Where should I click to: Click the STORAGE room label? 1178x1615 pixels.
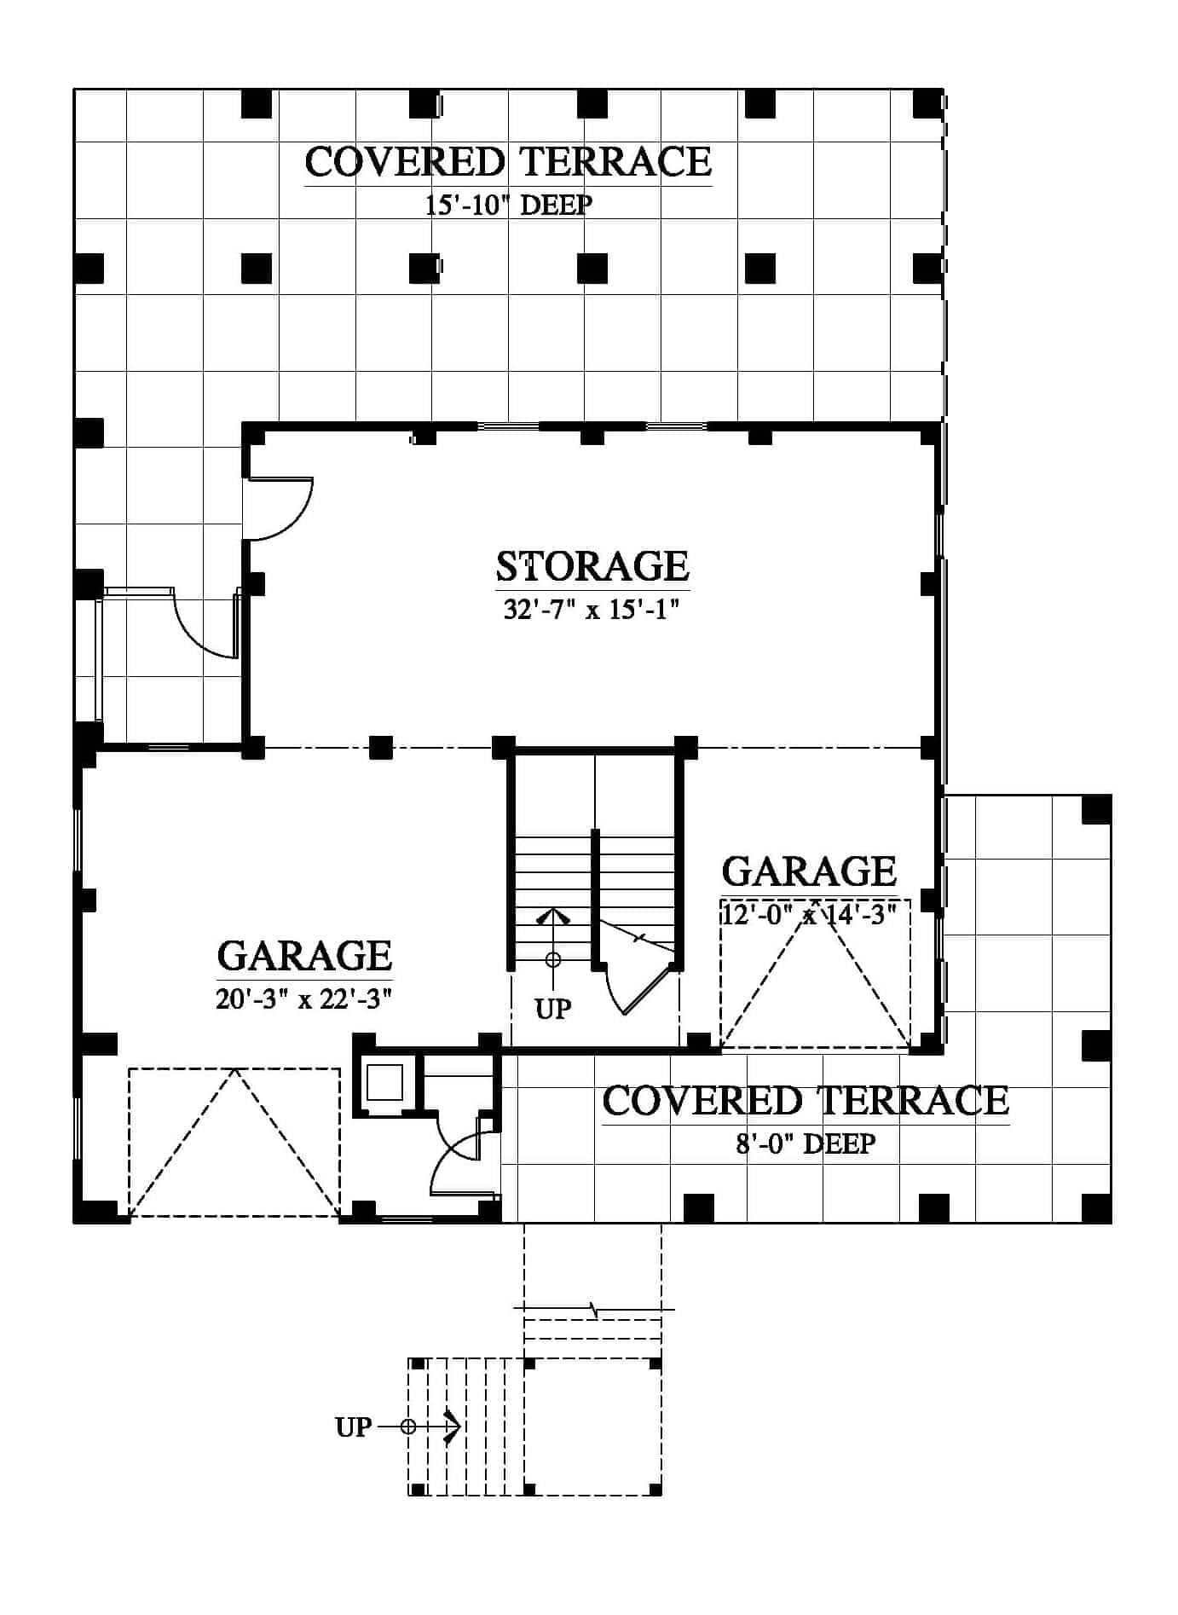click(x=592, y=566)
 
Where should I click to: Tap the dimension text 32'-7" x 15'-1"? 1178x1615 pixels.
click(x=591, y=610)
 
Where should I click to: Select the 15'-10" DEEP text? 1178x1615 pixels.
click(x=509, y=205)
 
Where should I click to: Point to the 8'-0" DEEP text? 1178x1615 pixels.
click(x=806, y=1143)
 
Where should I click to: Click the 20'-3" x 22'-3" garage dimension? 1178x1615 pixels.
click(x=303, y=999)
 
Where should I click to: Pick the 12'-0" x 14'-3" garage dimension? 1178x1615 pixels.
click(x=809, y=915)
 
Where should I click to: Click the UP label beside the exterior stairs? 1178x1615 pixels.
click(x=353, y=1427)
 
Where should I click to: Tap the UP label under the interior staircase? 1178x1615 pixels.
click(x=553, y=1010)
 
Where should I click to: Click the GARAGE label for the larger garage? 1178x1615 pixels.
click(x=304, y=956)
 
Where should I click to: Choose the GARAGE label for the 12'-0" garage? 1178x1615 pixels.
click(x=809, y=871)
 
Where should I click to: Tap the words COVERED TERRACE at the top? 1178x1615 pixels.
click(x=508, y=162)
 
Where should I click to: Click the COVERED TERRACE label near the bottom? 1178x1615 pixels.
click(x=806, y=1101)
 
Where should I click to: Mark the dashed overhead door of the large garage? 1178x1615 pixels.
click(x=234, y=1143)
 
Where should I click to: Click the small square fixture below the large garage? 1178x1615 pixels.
click(x=384, y=1083)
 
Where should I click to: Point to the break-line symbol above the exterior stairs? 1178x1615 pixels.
click(x=594, y=1309)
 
